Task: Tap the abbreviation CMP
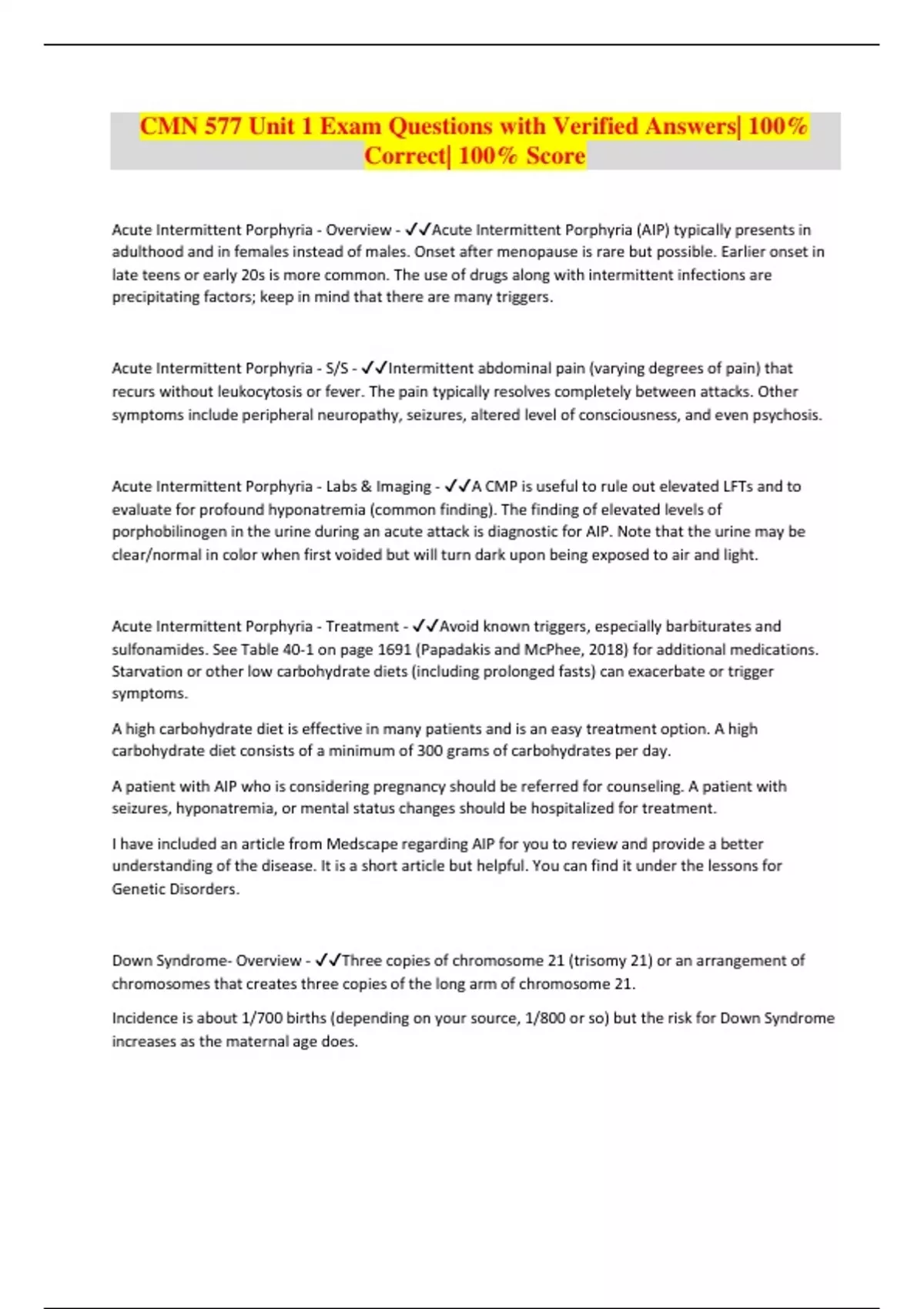click(x=501, y=487)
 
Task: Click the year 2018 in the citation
click(x=607, y=649)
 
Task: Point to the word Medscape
click(x=362, y=844)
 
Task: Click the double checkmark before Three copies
click(x=329, y=960)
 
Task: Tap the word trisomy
click(x=598, y=960)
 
